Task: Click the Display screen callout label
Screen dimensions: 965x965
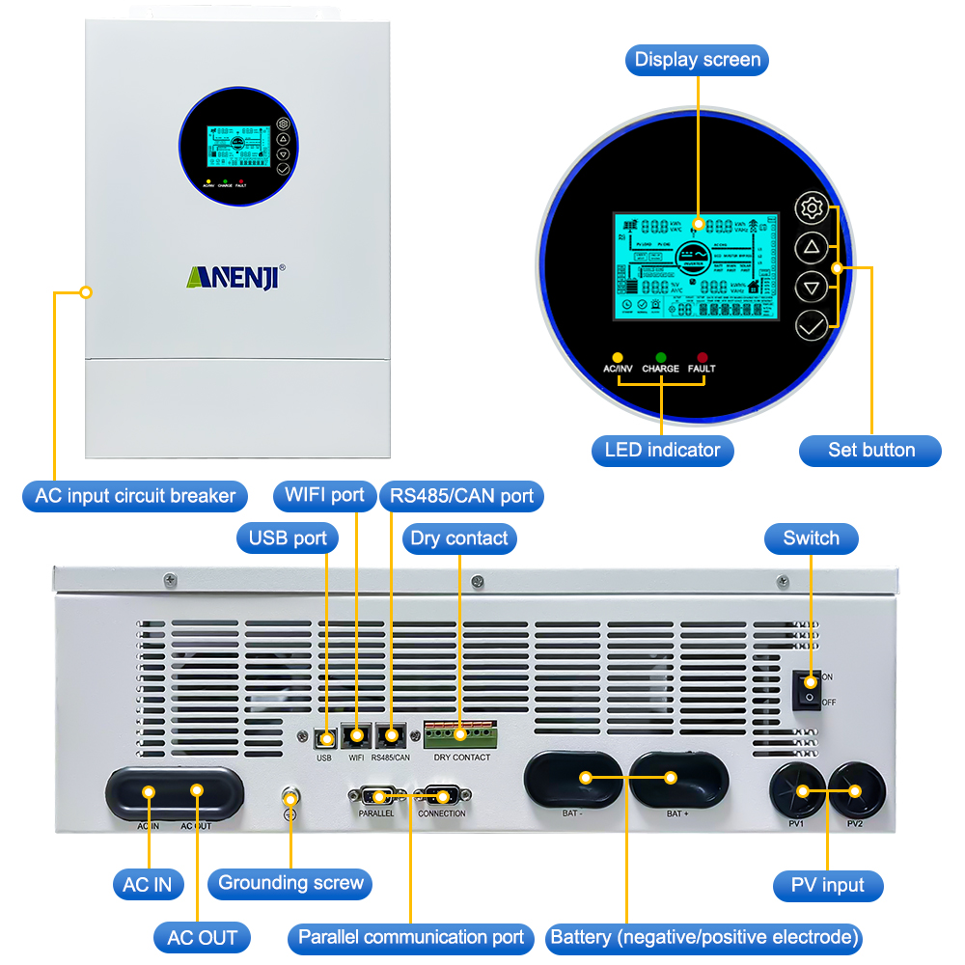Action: point(697,60)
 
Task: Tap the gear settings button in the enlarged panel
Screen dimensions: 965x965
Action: point(812,207)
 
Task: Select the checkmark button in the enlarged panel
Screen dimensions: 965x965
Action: point(812,325)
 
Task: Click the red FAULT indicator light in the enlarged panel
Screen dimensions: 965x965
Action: point(703,358)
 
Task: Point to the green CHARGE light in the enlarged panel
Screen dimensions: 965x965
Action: point(661,358)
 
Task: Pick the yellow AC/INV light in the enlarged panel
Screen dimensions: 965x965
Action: point(618,358)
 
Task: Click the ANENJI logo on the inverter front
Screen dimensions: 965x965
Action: point(235,275)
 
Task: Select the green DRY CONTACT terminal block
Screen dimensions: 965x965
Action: point(460,736)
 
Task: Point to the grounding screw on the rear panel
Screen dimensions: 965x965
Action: point(289,799)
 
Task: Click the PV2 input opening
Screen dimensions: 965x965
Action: point(856,790)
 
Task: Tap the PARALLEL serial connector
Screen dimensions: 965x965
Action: point(376,796)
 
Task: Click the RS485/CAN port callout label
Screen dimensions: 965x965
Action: point(462,497)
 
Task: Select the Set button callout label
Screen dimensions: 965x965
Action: point(870,450)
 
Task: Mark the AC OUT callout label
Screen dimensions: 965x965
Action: point(203,938)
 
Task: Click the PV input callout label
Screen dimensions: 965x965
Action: point(828,886)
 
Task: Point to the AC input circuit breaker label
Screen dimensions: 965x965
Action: point(135,497)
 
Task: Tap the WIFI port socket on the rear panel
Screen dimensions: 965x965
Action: point(357,736)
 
